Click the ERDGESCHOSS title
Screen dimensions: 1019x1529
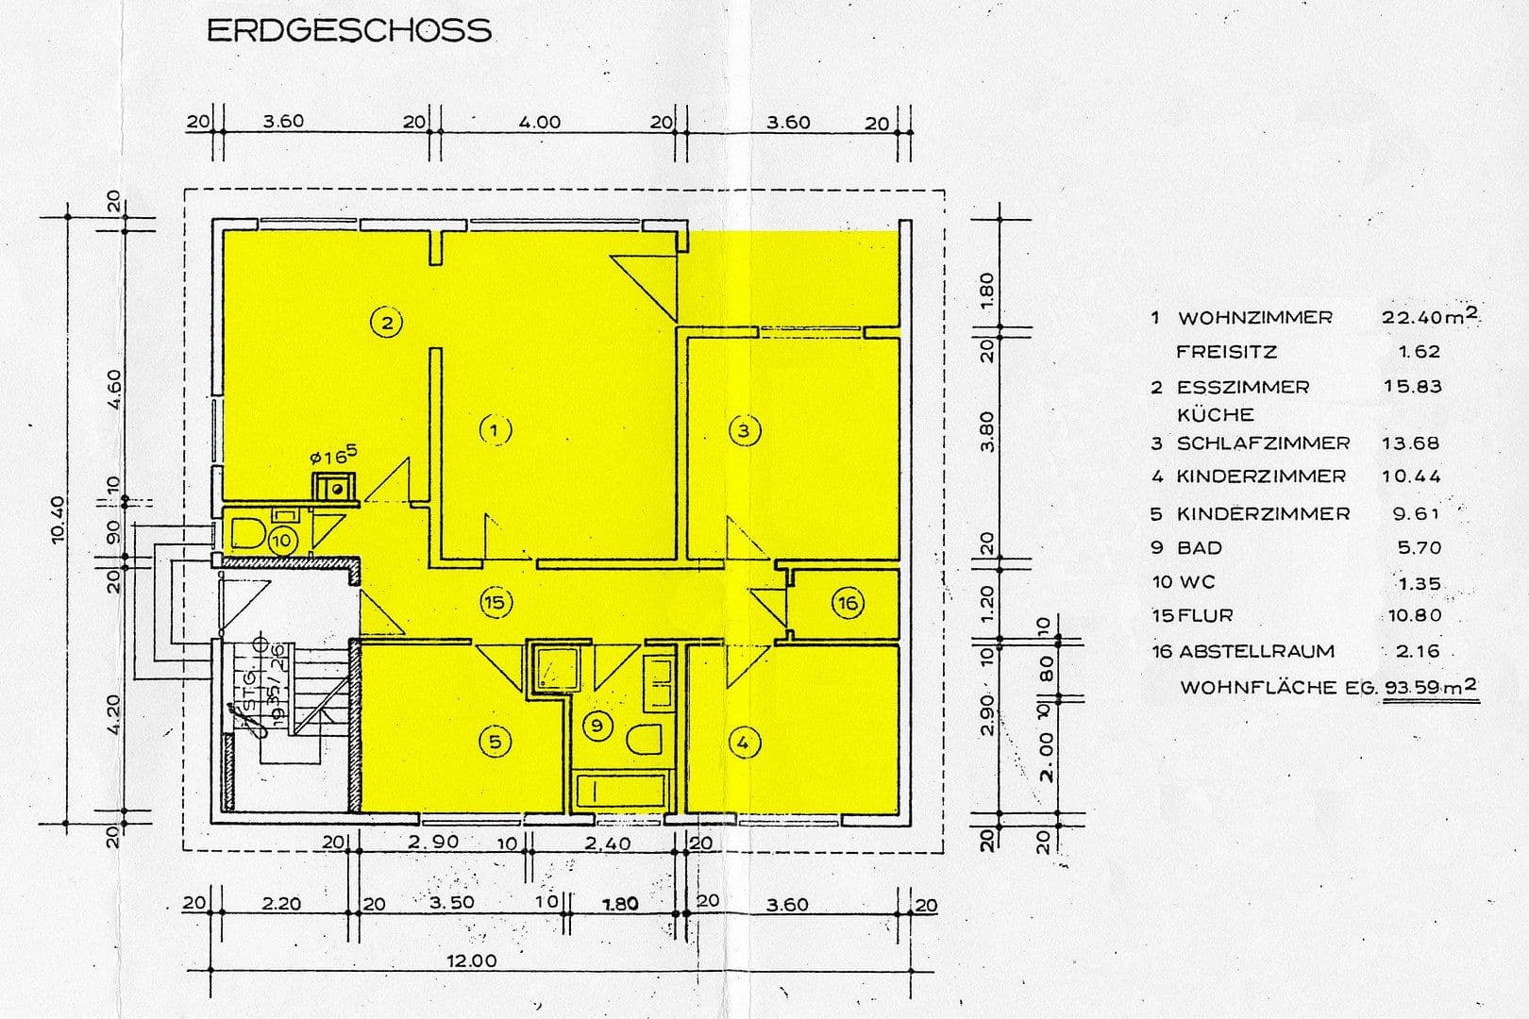tap(348, 31)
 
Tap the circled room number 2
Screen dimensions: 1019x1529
tap(386, 323)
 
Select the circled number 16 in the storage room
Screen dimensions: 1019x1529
tap(847, 603)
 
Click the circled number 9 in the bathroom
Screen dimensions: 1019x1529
tap(596, 726)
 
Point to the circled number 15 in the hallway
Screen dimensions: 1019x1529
tap(496, 602)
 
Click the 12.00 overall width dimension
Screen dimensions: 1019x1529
tap(472, 961)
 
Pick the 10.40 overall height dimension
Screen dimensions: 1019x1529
tap(59, 520)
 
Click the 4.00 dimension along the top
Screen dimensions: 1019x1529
tap(539, 122)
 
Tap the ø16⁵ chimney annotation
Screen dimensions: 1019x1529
tap(333, 457)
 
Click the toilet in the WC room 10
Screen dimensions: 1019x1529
tap(247, 533)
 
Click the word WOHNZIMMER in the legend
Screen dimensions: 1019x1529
tap(1254, 318)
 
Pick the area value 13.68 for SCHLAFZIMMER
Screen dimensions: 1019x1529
tap(1411, 443)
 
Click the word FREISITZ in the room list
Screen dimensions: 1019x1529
tap(1226, 352)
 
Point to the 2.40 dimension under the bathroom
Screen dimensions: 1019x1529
tap(607, 843)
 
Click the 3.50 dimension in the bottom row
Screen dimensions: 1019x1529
tap(452, 902)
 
